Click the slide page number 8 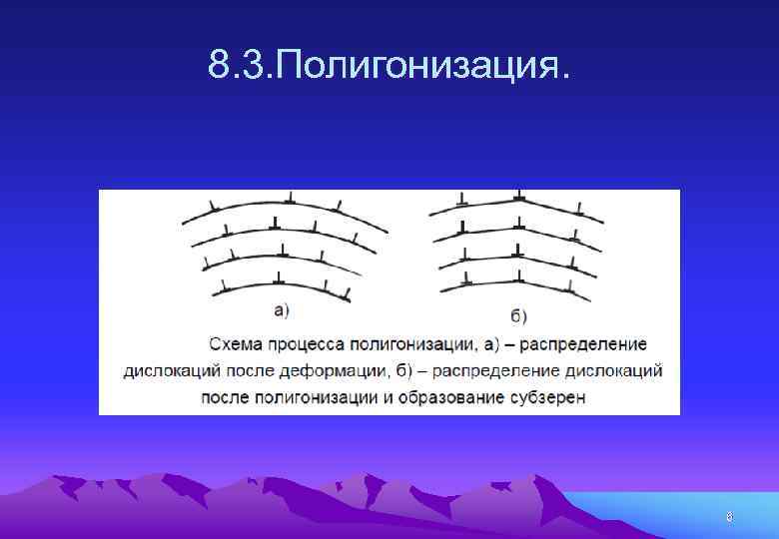[729, 516]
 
